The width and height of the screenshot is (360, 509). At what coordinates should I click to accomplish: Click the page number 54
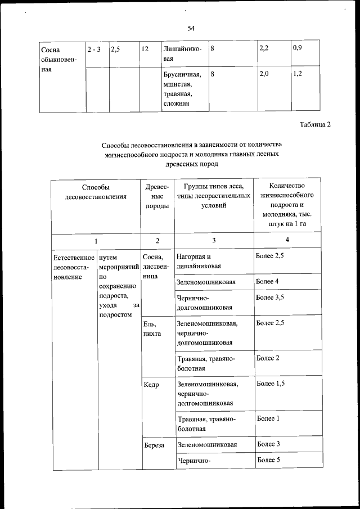coord(191,28)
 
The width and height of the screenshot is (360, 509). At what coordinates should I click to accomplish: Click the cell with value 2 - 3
coord(94,49)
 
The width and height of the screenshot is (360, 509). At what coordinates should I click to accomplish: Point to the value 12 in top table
coord(145,49)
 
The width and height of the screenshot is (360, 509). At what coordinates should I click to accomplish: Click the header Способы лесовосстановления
coord(95,192)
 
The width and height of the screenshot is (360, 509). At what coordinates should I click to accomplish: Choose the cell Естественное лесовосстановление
coord(73,268)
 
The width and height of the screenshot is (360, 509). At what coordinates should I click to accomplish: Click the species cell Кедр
coord(152,386)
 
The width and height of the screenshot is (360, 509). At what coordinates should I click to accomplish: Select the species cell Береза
coord(154,445)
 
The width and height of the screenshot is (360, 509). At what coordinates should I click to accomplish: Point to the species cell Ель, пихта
coord(152,328)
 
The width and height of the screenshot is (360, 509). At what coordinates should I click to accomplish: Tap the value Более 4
coord(267,281)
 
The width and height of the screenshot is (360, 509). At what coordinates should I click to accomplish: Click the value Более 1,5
coord(270,384)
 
